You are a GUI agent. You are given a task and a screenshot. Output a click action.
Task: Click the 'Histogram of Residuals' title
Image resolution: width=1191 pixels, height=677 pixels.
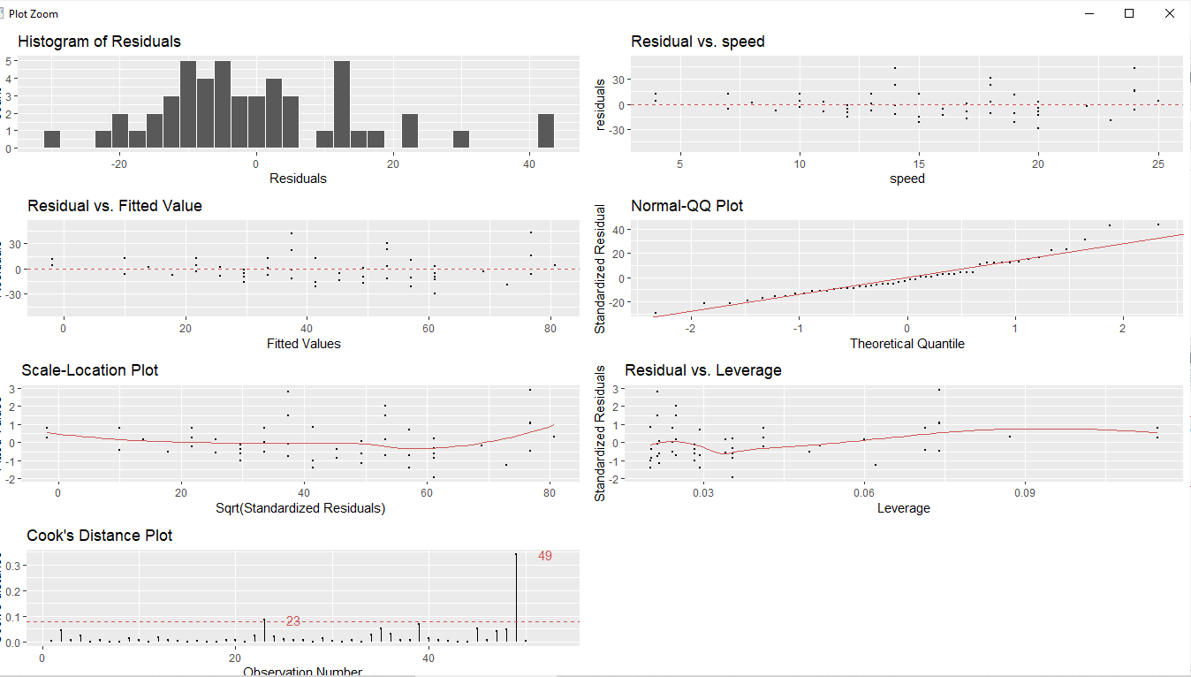point(99,42)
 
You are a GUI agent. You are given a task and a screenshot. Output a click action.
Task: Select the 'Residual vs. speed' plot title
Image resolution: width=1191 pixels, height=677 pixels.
point(697,42)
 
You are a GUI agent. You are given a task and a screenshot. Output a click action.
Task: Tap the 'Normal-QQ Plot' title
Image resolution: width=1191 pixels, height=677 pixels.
point(687,206)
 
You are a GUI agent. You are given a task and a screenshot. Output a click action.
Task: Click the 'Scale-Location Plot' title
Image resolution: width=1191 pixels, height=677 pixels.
point(90,370)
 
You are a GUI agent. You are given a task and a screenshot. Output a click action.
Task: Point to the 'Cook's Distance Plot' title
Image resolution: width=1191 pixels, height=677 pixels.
point(99,536)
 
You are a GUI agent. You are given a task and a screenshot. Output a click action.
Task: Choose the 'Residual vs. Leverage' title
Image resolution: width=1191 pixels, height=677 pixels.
point(702,370)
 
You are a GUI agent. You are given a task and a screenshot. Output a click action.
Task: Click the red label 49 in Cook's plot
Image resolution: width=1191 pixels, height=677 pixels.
point(544,556)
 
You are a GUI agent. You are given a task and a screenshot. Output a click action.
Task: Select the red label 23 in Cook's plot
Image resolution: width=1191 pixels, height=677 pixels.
point(293,621)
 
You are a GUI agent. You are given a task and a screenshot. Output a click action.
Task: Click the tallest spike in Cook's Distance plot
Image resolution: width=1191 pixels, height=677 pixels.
point(516,597)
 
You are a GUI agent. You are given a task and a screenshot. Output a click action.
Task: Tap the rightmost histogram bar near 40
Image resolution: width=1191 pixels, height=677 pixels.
point(546,131)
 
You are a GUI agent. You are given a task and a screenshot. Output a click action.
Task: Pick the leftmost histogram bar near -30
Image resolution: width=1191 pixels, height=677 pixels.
point(52,140)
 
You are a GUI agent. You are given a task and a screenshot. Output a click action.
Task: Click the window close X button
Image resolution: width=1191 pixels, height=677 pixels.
point(1169,13)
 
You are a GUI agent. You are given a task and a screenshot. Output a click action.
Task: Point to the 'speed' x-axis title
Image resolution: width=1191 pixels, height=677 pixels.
point(907,179)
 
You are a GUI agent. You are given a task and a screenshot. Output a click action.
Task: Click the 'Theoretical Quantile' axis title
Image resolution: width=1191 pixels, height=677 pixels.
point(907,343)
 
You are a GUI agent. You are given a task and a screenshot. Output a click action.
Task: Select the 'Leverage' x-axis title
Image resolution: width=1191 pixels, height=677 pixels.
point(903,508)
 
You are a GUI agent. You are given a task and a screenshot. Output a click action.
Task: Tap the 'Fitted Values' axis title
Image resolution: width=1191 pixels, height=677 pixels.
point(303,343)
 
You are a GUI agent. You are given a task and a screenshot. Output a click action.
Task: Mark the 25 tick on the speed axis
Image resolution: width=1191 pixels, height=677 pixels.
point(1157,163)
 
